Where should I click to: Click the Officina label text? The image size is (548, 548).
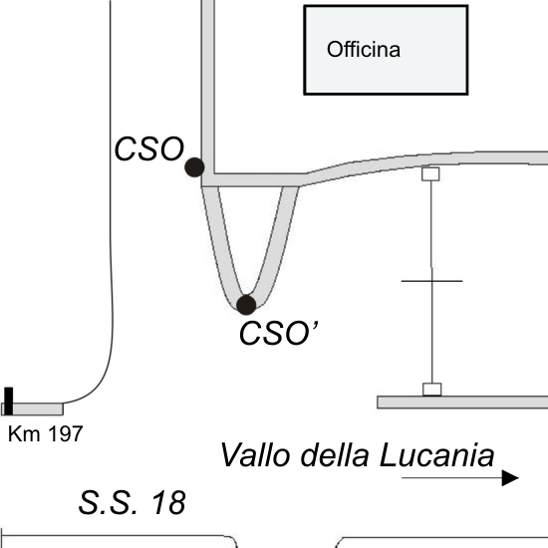(364, 49)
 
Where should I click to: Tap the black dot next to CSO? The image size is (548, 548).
(194, 167)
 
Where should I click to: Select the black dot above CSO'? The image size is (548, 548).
(246, 305)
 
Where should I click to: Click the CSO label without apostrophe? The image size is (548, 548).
(149, 148)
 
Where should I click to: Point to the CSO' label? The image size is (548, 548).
(279, 333)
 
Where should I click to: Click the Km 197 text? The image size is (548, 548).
(46, 433)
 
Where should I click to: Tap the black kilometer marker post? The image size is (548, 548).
(9, 401)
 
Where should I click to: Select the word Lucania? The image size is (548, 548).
(436, 455)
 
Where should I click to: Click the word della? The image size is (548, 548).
(335, 454)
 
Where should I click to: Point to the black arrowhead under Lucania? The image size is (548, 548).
(510, 477)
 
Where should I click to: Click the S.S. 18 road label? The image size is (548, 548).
(133, 502)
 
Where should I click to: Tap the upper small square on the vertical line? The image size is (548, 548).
(430, 174)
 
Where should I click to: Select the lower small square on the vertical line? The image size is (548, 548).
(432, 390)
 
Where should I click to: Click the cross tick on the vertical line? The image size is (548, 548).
(432, 281)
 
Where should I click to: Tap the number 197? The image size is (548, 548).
(66, 433)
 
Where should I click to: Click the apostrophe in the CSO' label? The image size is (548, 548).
(315, 326)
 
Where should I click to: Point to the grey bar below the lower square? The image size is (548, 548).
(462, 403)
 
